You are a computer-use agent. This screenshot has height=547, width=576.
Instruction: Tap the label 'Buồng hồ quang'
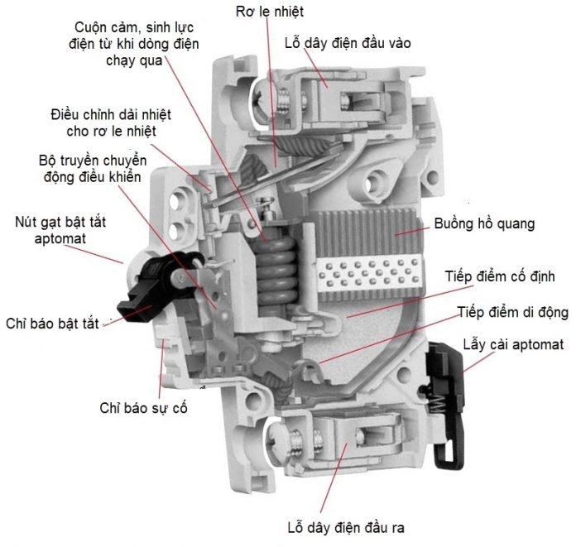click(484, 223)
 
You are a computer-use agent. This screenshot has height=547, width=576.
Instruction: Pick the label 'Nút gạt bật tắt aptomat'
click(62, 229)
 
